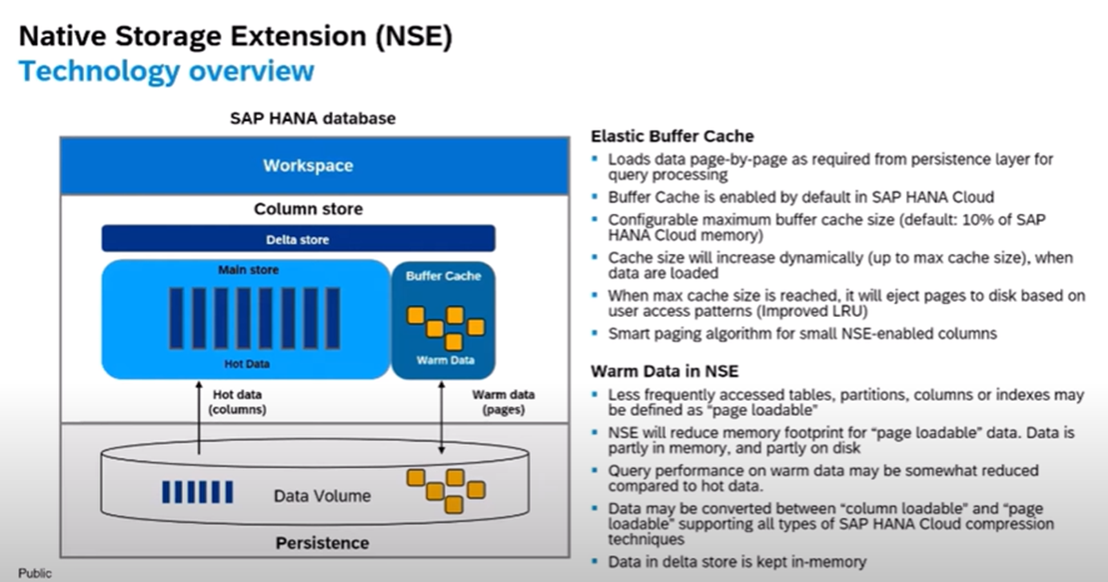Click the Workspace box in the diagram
[x=308, y=166]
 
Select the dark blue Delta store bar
[x=298, y=239]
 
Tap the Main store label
[x=248, y=271]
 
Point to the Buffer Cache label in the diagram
[x=444, y=276]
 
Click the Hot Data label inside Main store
[x=247, y=364]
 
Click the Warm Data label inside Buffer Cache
[x=445, y=360]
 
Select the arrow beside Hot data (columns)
[x=198, y=416]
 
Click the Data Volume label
[x=322, y=496]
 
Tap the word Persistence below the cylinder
[x=322, y=543]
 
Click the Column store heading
[x=308, y=209]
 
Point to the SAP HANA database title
[x=312, y=118]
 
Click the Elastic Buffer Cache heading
[x=672, y=136]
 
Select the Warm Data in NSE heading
[x=664, y=371]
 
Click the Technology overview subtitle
[x=167, y=71]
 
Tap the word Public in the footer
[x=34, y=573]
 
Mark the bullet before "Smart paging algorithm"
[x=595, y=333]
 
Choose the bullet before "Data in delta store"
[x=595, y=562]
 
